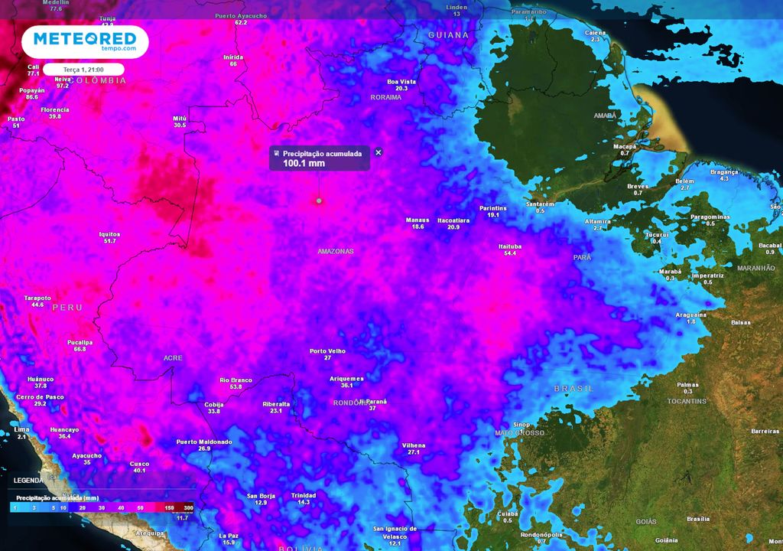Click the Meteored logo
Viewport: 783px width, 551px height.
[84, 41]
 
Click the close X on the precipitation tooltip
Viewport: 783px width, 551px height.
[378, 152]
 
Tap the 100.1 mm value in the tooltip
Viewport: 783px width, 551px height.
[304, 163]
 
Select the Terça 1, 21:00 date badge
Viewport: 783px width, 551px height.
[84, 69]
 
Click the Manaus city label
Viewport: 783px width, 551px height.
[417, 220]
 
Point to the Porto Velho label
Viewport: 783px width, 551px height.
[327, 351]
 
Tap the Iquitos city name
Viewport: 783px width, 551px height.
[109, 234]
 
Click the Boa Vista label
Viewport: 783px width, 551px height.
[401, 81]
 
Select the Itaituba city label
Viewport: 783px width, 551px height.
[510, 246]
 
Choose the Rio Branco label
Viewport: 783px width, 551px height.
[236, 380]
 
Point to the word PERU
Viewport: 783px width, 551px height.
[67, 307]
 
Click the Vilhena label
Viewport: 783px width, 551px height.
[414, 445]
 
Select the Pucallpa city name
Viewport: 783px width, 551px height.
[80, 342]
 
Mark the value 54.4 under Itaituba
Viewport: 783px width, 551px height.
[510, 253]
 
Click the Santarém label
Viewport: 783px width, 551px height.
[541, 204]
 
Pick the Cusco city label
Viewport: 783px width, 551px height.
[139, 463]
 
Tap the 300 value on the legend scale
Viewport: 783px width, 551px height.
[188, 507]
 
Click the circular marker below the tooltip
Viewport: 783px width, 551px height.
[319, 201]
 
